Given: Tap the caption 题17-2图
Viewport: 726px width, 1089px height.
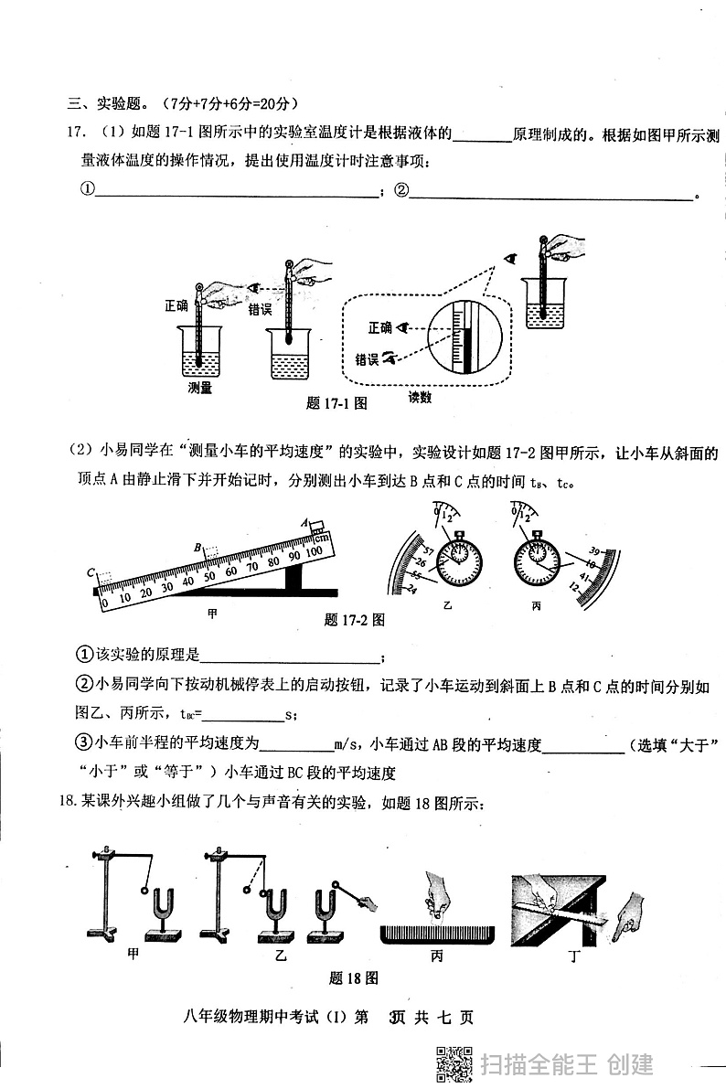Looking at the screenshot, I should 355,619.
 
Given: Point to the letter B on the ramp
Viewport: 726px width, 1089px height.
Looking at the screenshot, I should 197,548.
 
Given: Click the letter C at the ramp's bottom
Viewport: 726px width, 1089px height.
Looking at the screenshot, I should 91,572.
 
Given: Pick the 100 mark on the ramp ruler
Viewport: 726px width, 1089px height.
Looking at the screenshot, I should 314,551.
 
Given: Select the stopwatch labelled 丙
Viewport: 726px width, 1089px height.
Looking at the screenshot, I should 536,558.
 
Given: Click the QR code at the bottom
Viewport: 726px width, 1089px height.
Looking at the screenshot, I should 454,1065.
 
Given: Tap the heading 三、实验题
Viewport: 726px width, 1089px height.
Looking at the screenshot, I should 104,103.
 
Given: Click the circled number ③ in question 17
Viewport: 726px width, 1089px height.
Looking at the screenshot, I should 84,742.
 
